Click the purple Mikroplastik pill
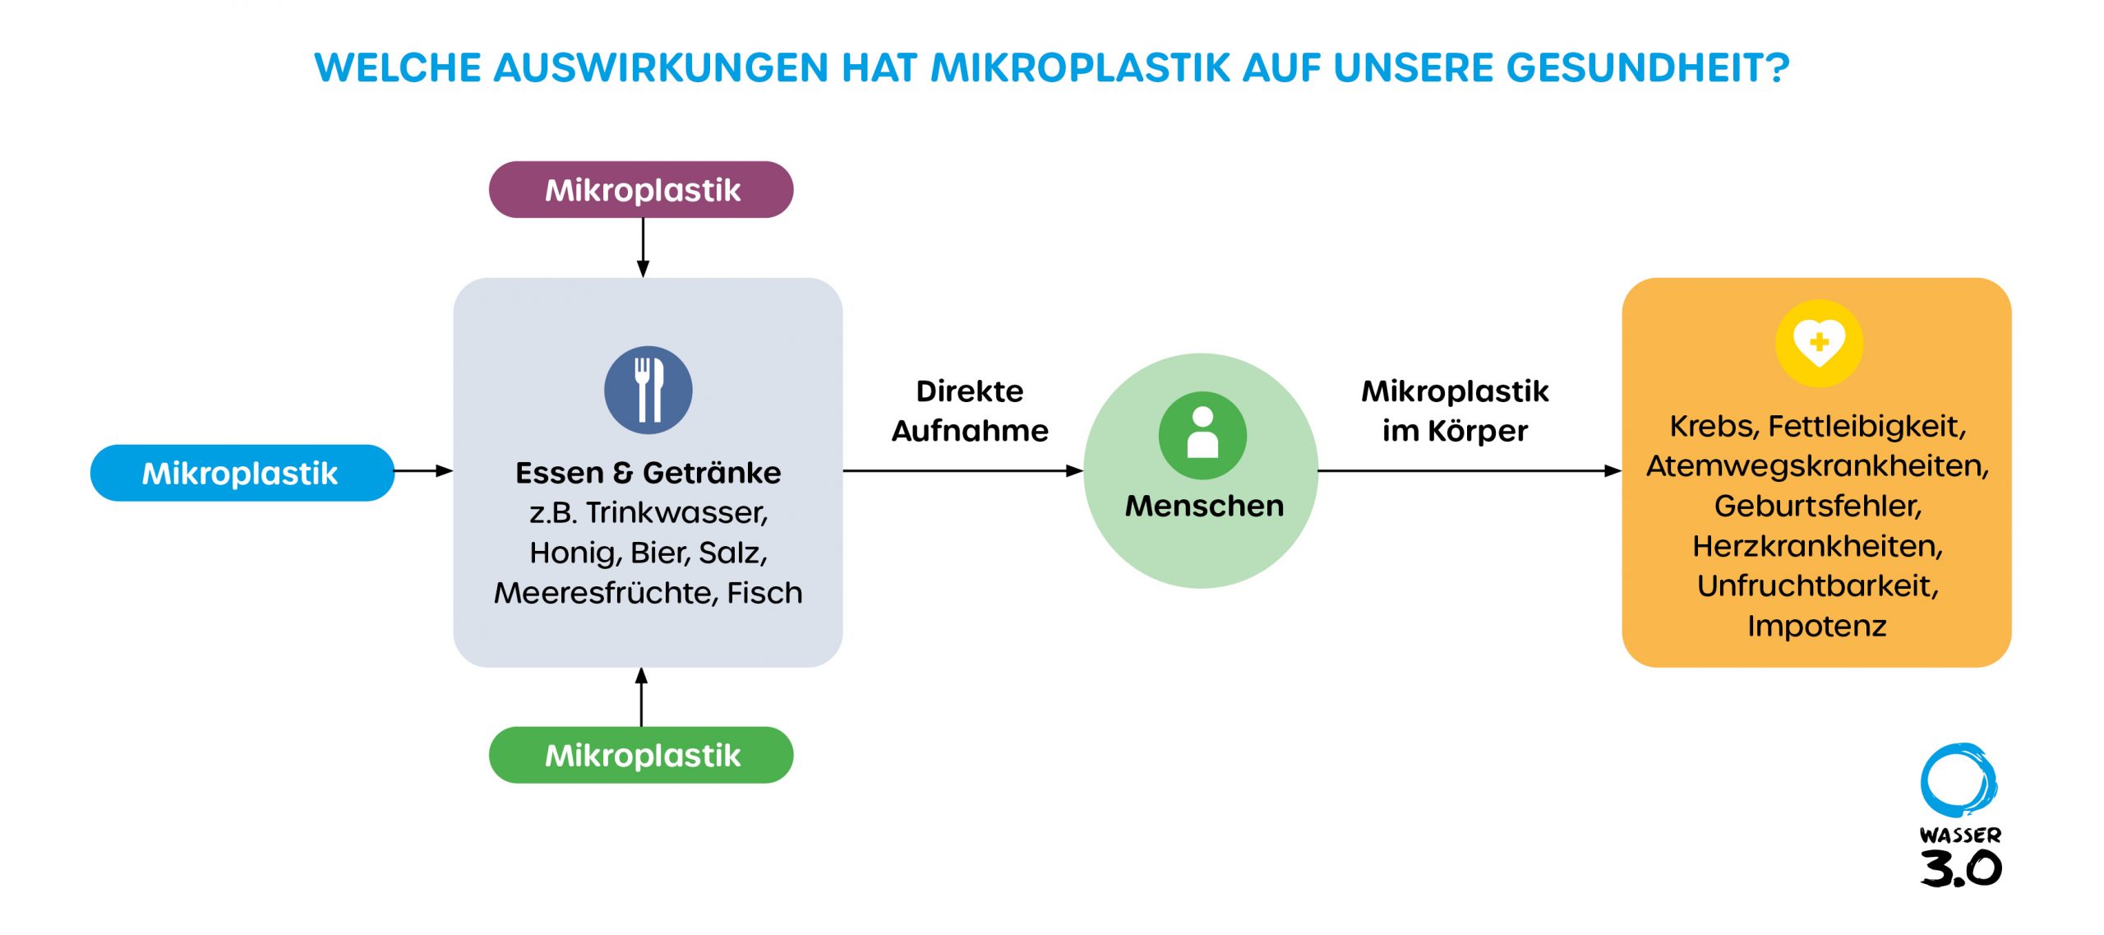[x=641, y=189]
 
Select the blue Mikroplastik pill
[x=242, y=473]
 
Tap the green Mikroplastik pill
[x=641, y=755]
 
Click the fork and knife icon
[x=648, y=390]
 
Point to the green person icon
[x=1202, y=435]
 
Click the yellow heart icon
[x=1819, y=343]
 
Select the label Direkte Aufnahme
[x=970, y=410]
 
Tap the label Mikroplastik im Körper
[x=1455, y=410]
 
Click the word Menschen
[x=1204, y=506]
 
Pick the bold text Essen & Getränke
[x=648, y=473]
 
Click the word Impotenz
[x=1817, y=626]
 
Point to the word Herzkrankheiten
[x=1818, y=546]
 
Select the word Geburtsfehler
[x=1818, y=506]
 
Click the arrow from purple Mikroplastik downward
[x=643, y=248]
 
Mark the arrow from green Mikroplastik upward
[x=642, y=697]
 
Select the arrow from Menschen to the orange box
[x=1470, y=471]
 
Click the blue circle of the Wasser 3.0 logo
[x=1959, y=781]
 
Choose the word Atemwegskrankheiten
[x=1818, y=466]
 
